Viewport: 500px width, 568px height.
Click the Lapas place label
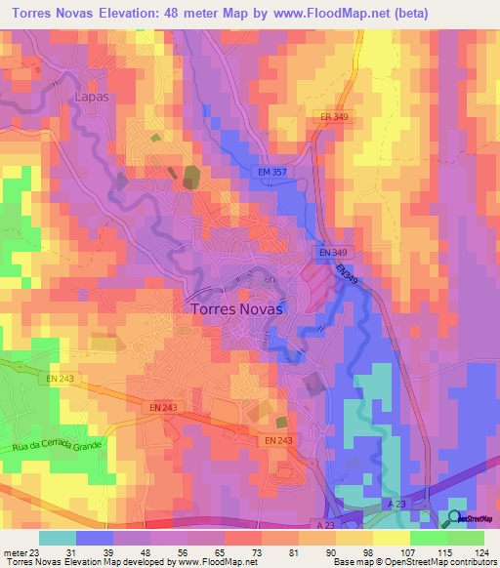click(x=92, y=97)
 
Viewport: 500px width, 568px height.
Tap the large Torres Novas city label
click(x=232, y=307)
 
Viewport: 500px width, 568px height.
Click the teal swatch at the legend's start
click(x=58, y=538)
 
